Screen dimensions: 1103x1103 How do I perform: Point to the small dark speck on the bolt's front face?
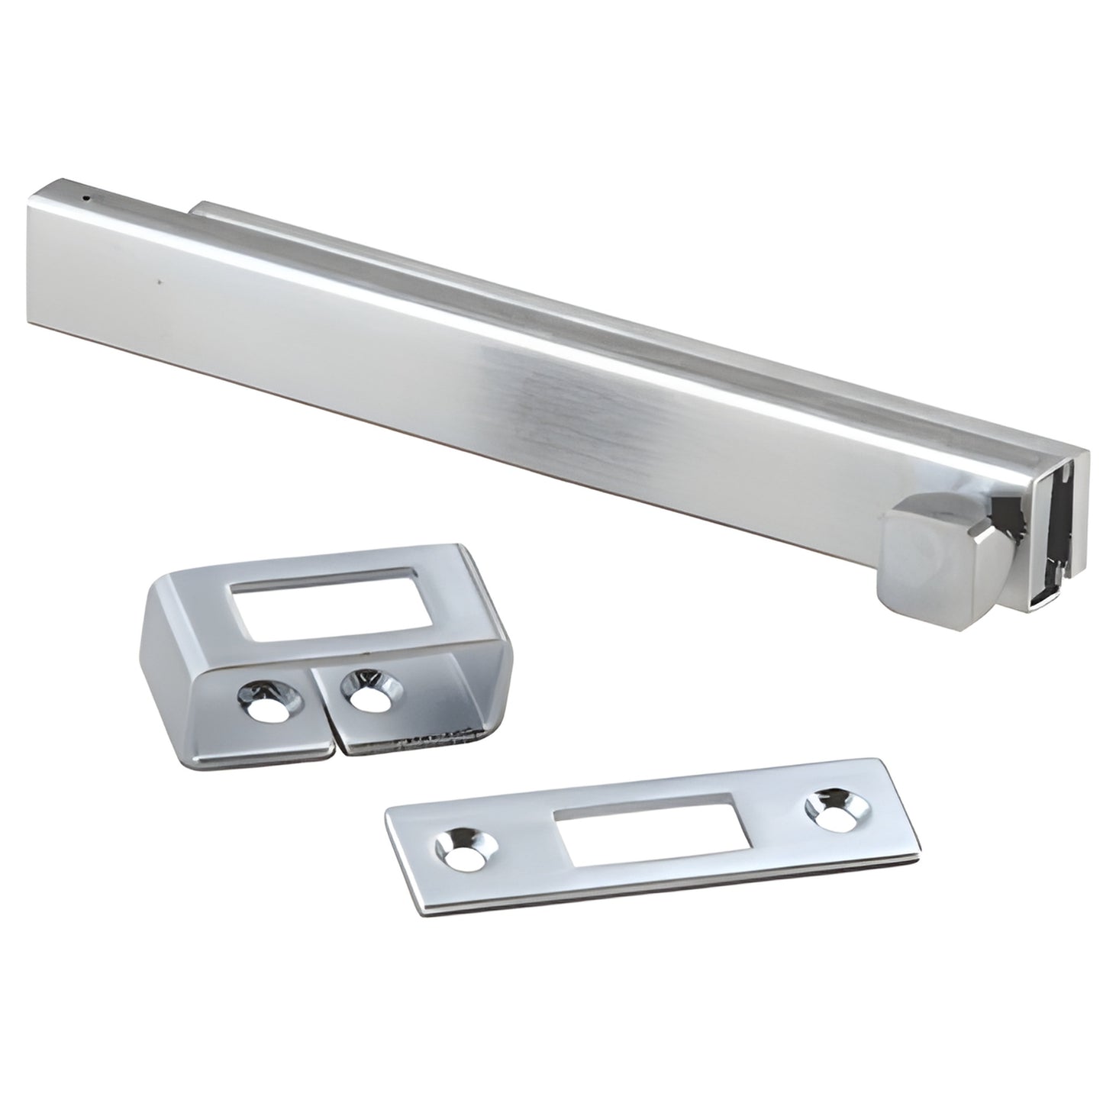pyautogui.click(x=159, y=283)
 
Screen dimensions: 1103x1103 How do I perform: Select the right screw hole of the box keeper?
pyautogui.click(x=369, y=679)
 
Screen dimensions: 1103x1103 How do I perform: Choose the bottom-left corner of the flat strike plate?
pyautogui.click(x=418, y=911)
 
